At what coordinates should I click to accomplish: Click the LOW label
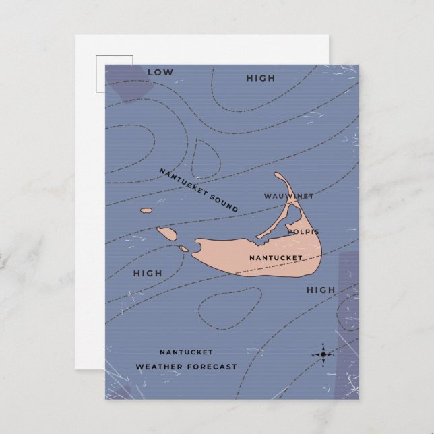160,71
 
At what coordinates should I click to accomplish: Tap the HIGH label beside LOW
260,78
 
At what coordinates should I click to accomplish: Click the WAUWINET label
288,196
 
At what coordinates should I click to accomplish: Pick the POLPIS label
303,231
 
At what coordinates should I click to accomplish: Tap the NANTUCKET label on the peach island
275,257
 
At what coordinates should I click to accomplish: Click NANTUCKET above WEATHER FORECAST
186,352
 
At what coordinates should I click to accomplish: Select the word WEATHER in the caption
160,367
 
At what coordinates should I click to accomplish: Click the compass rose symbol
323,354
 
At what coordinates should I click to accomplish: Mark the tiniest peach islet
183,249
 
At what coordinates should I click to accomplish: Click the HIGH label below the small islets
148,273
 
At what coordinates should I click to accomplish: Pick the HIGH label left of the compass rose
321,290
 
